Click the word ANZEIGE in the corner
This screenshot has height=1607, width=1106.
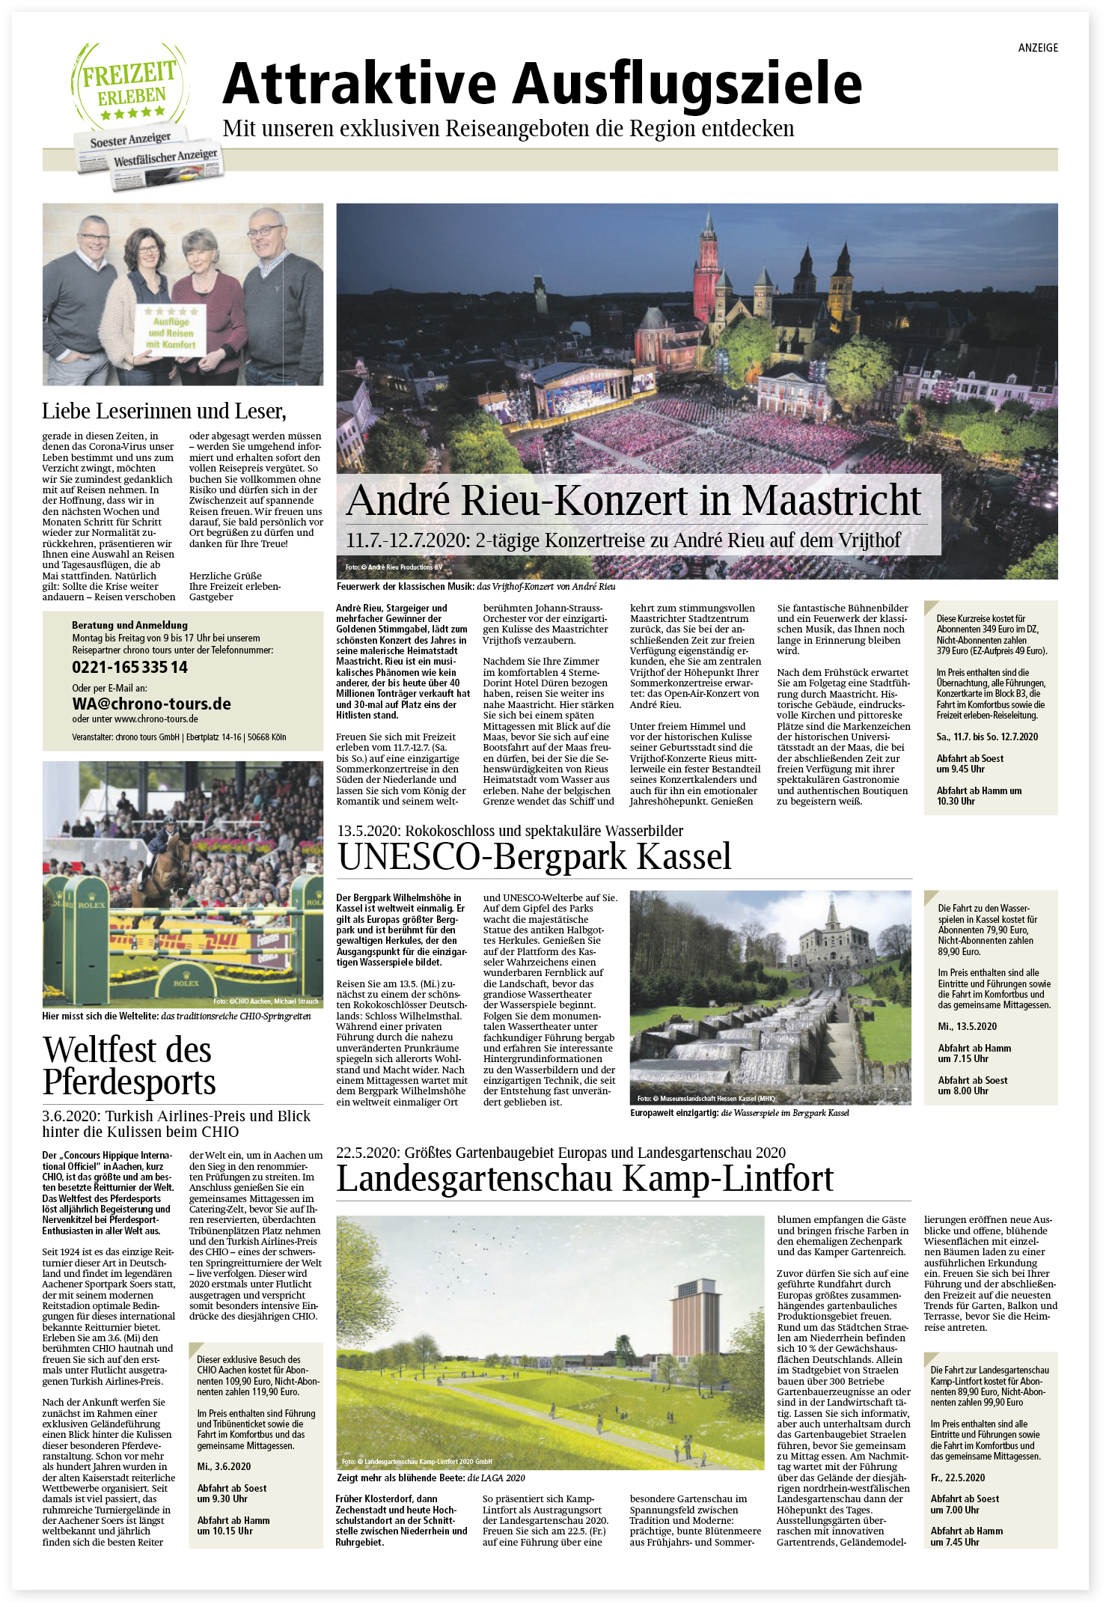[1038, 48]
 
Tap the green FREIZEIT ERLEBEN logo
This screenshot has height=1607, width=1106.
[129, 85]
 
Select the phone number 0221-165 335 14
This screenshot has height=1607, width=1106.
[129, 667]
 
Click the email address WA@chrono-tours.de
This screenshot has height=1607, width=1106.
[151, 704]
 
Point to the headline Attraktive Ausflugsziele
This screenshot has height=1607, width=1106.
[542, 83]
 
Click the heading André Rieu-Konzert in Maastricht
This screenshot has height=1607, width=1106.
[633, 500]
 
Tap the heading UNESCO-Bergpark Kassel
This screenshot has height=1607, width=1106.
[534, 856]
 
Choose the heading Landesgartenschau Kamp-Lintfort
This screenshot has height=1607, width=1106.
[584, 1178]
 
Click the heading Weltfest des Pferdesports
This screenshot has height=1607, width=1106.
[129, 1066]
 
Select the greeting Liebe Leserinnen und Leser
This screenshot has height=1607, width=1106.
[164, 411]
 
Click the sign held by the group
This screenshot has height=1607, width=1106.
[171, 330]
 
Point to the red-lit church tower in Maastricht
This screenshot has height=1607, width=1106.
[706, 266]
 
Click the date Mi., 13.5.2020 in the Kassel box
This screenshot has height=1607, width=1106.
[967, 1026]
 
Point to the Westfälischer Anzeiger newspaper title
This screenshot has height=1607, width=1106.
[165, 158]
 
